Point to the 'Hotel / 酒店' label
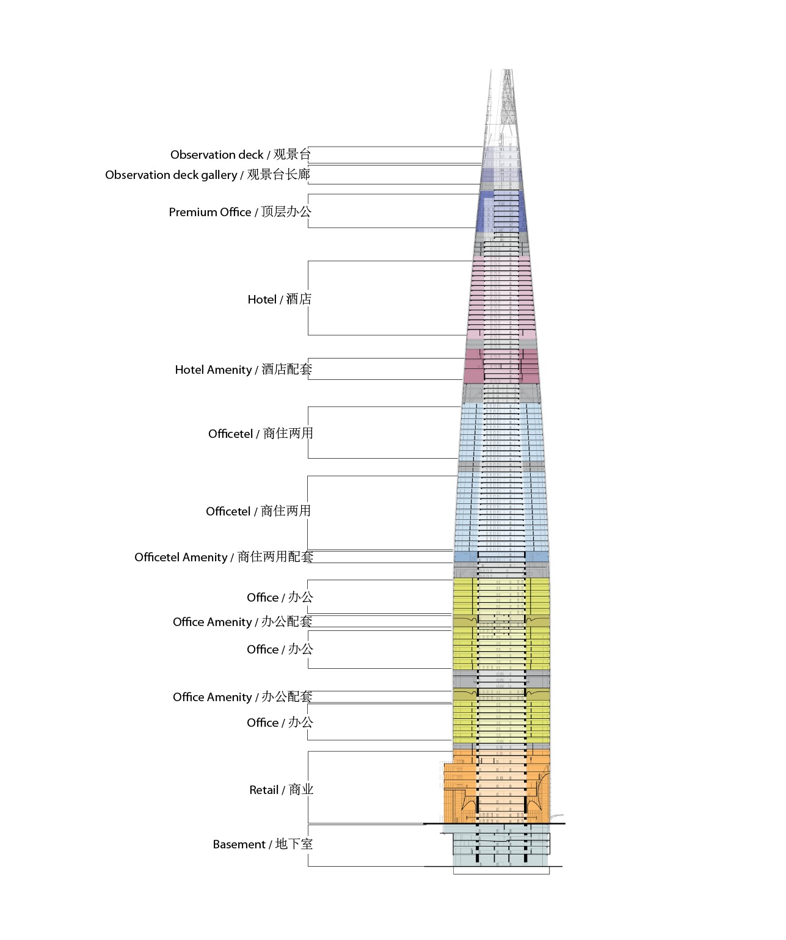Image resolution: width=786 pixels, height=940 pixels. (x=279, y=299)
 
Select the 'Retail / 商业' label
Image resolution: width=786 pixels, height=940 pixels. (x=281, y=790)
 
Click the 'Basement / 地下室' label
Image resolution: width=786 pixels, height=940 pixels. (x=263, y=844)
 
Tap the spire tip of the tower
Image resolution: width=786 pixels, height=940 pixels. (x=507, y=71)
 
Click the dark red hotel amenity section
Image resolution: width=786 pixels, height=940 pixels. (x=473, y=366)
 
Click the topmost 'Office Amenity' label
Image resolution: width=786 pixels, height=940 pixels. (x=242, y=622)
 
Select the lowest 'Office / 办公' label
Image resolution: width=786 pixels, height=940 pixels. (x=280, y=723)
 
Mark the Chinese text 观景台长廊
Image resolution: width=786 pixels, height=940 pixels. (x=278, y=175)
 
